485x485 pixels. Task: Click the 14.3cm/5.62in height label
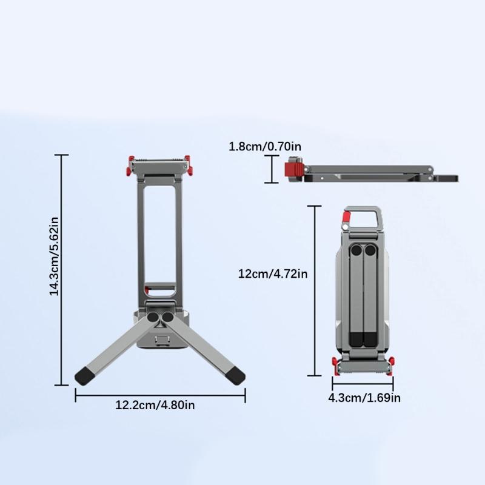pyautogui.click(x=54, y=256)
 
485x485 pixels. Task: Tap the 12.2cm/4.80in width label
pyautogui.click(x=155, y=405)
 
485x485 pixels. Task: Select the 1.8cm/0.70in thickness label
pyautogui.click(x=265, y=146)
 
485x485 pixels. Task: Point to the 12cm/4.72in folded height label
pyautogui.click(x=273, y=274)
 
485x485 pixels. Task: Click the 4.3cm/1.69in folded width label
pyautogui.click(x=364, y=398)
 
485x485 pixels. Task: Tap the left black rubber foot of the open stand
pyautogui.click(x=84, y=375)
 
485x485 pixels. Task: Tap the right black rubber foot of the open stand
pyautogui.click(x=235, y=375)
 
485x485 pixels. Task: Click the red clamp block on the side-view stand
pyautogui.click(x=293, y=172)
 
